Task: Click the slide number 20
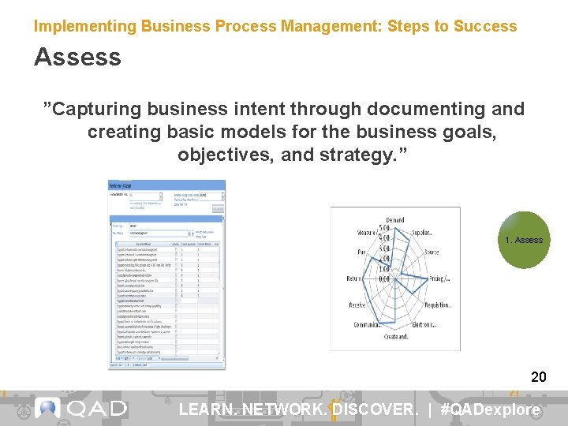(x=539, y=377)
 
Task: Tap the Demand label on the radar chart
(x=395, y=219)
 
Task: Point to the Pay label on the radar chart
(x=361, y=252)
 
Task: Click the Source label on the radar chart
(x=432, y=252)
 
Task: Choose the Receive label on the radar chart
(x=357, y=305)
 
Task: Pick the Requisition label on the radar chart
(x=437, y=305)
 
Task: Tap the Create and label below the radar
(x=395, y=337)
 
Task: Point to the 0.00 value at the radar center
(x=386, y=279)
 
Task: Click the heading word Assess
(x=77, y=57)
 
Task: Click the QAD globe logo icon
(x=48, y=407)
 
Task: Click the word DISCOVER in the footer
(x=375, y=409)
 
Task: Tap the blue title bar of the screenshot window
(x=166, y=185)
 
